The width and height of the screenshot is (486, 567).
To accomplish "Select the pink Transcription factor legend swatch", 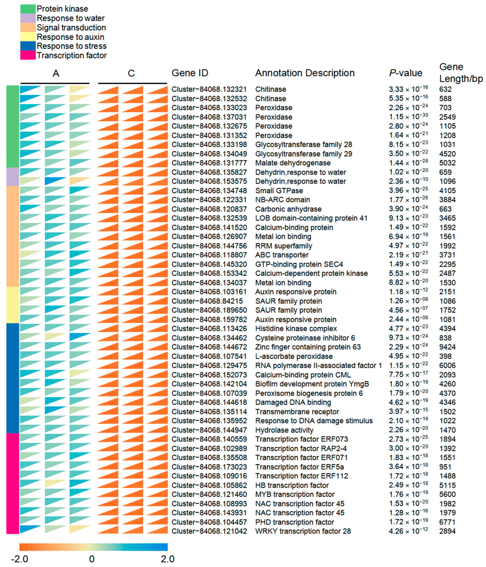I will click(28, 55).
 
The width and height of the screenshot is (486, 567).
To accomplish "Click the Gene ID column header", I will click(190, 73).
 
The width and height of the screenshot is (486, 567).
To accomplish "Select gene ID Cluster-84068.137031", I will click(209, 117).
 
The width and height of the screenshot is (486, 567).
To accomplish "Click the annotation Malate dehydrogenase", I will click(293, 163).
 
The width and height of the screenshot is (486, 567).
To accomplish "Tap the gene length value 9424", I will click(447, 347).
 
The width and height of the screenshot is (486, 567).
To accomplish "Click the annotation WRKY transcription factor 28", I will click(303, 531).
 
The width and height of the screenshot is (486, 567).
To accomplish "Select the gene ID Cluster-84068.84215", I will click(207, 301).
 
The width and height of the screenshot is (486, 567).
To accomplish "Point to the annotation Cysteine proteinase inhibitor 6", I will click(305, 338).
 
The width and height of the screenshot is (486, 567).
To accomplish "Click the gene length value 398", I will click(445, 356).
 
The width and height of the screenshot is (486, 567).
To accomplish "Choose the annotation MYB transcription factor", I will click(295, 494).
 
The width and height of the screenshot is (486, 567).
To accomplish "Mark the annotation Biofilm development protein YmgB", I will click(312, 384).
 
